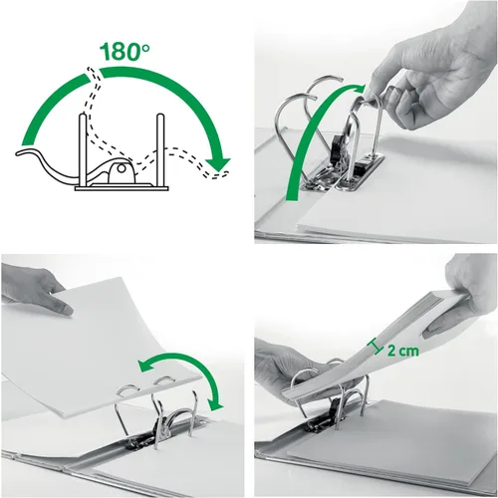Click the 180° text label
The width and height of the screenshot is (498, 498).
(x=124, y=51)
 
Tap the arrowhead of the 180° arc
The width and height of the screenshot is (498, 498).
(x=218, y=164)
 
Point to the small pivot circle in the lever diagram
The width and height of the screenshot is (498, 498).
(x=122, y=168)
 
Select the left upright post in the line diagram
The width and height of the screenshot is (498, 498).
(x=83, y=149)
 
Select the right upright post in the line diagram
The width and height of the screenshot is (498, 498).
(x=160, y=149)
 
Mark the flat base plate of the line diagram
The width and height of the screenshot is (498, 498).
(x=122, y=188)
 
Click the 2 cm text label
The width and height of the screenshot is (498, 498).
(x=402, y=351)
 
